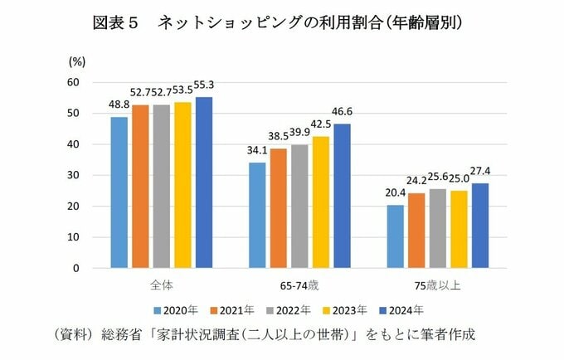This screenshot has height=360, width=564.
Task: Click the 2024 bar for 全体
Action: point(203,182)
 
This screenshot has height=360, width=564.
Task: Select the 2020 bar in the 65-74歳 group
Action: point(257,215)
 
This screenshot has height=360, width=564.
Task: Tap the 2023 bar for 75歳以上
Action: point(459,229)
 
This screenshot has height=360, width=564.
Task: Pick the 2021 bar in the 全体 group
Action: point(140,187)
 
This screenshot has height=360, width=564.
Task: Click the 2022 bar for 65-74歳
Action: point(299,207)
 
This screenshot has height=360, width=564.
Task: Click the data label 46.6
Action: point(343,110)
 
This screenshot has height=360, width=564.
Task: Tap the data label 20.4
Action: point(395,192)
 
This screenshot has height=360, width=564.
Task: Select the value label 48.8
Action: point(119,105)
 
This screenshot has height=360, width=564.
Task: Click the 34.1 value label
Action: point(257,150)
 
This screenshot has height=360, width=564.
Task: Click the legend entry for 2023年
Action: point(348,311)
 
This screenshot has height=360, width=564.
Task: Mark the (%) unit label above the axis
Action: point(76,61)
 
